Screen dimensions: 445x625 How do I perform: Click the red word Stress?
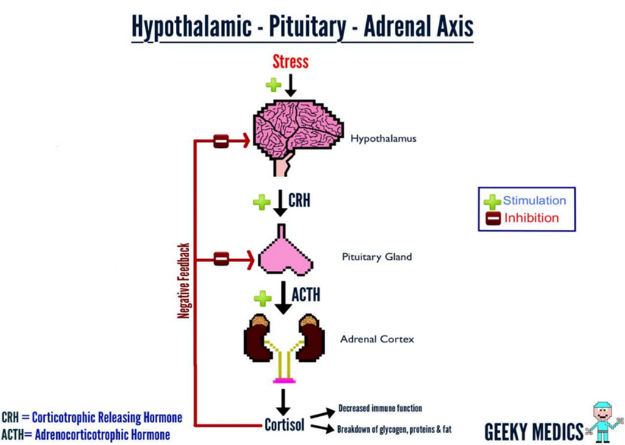[290, 61]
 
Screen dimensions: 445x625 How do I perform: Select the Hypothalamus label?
[383, 139]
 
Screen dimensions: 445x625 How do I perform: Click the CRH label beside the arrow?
[299, 200]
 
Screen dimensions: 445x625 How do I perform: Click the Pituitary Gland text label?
[377, 257]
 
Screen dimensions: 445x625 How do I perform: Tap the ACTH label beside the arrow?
[305, 296]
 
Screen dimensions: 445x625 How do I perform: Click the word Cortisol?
[284, 424]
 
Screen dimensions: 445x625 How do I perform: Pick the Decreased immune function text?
[380, 408]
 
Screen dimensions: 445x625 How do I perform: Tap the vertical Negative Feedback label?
[183, 281]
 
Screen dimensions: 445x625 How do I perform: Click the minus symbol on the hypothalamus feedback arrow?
[221, 141]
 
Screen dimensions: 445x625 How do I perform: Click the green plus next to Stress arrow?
[273, 84]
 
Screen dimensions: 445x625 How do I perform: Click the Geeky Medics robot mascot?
[602, 422]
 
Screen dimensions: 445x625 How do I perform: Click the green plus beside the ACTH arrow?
[262, 298]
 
